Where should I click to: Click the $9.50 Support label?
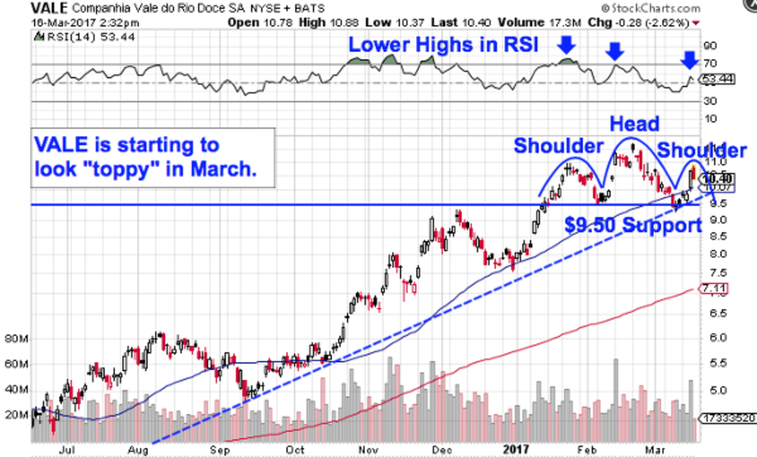click(633, 225)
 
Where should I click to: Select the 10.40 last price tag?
click(716, 178)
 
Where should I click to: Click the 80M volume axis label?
click(16, 339)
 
